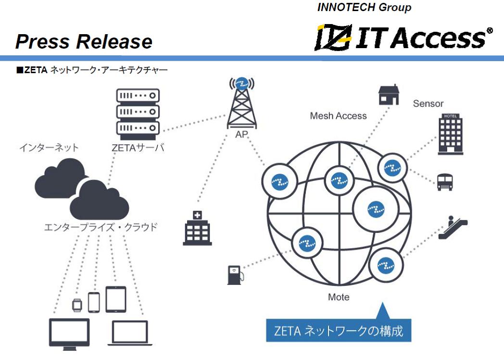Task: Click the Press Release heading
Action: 84,42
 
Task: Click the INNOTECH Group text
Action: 364,8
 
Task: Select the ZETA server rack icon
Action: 138,112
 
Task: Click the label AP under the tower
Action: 241,135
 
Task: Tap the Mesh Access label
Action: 338,116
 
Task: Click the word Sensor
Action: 428,103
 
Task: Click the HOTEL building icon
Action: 450,134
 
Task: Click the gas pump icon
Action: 235,274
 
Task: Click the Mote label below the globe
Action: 339,297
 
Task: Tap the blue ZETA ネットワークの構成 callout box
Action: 339,331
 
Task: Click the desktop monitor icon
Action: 69,333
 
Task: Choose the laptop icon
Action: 130,333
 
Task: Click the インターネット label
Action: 49,147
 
